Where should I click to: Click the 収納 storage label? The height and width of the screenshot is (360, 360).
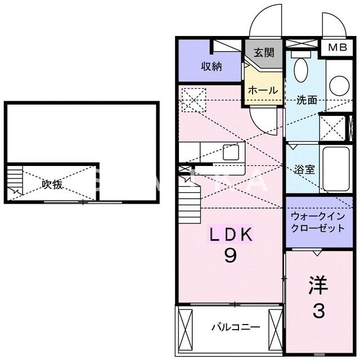(211, 66)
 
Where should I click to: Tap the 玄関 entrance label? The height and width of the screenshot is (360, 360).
(263, 53)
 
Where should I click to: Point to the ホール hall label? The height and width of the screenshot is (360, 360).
(263, 90)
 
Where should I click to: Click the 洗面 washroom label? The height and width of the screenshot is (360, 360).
(307, 101)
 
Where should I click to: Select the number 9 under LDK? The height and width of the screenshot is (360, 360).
(231, 256)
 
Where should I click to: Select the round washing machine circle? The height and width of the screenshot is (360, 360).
(340, 85)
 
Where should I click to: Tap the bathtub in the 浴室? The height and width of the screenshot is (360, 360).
(336, 168)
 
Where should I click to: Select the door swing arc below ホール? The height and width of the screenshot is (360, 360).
(262, 118)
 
